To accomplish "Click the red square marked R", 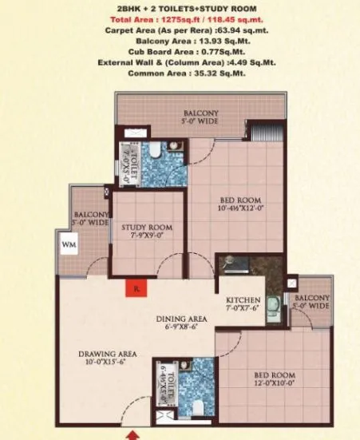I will click(136, 288).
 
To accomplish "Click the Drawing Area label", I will click(106, 355).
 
